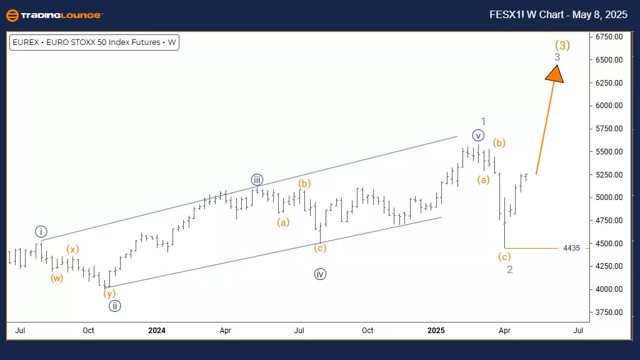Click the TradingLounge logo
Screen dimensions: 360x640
[55, 14]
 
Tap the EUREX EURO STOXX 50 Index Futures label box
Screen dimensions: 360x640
[94, 43]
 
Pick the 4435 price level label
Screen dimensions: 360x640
[571, 248]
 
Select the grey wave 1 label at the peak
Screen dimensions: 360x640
[483, 121]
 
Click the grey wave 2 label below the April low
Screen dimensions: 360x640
[510, 269]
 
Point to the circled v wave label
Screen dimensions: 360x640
[478, 135]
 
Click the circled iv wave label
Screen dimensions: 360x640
[321, 274]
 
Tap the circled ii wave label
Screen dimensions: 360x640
[114, 306]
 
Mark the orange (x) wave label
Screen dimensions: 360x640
[73, 249]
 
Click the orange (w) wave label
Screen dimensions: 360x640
[57, 278]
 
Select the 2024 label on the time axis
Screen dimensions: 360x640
[157, 330]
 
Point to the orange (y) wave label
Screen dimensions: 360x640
[110, 293]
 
